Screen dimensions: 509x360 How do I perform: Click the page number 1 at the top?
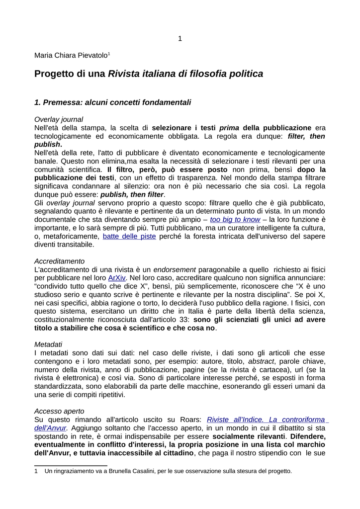(x=180, y=38)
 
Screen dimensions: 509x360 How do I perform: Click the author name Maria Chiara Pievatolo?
(x=70, y=55)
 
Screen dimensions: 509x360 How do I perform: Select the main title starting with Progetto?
(x=148, y=74)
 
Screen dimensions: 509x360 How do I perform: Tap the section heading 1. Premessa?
(x=112, y=102)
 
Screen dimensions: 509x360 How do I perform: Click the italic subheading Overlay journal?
(x=58, y=119)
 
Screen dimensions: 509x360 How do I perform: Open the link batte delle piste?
(x=129, y=236)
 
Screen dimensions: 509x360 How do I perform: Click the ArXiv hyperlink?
(x=117, y=278)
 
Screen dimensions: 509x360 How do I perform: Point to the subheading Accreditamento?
(x=59, y=261)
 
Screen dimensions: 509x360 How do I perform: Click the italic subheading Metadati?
(x=48, y=344)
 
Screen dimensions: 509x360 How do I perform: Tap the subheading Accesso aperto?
(x=59, y=411)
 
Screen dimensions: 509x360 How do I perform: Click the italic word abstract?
(x=261, y=361)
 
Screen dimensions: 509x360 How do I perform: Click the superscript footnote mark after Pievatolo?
(x=108, y=53)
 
